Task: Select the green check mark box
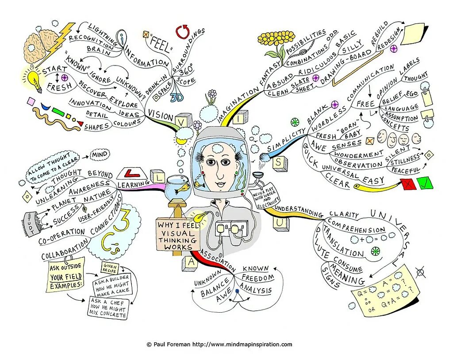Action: [424, 183]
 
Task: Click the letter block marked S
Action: [278, 162]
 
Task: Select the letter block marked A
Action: [192, 261]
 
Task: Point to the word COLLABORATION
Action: [65, 252]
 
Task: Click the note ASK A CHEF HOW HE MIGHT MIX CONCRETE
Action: [108, 308]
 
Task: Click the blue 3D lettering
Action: [178, 97]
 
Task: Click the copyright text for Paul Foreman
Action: [219, 344]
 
